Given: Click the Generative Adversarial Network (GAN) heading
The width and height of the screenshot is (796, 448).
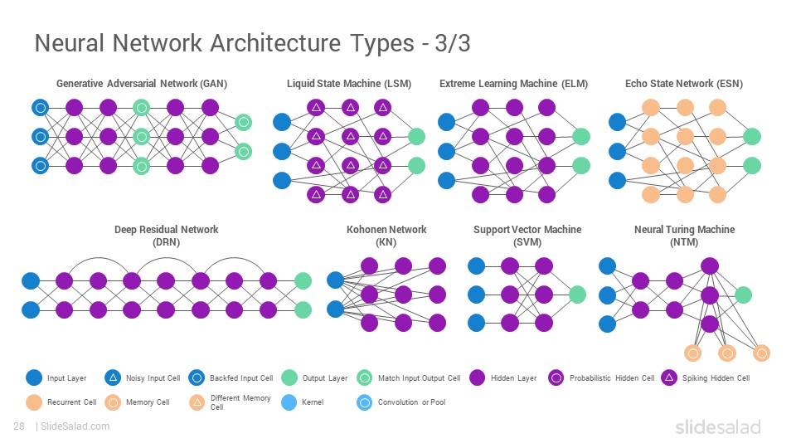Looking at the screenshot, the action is [x=142, y=84].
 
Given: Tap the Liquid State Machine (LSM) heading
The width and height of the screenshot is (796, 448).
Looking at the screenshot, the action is [x=349, y=84].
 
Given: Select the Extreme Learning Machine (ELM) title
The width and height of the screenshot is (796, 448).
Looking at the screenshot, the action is [x=514, y=84].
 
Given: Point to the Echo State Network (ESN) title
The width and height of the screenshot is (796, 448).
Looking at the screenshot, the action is [x=684, y=84].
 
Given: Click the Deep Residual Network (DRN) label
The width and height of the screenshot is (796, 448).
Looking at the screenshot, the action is [x=167, y=236].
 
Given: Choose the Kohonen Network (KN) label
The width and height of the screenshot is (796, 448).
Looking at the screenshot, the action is [x=386, y=236].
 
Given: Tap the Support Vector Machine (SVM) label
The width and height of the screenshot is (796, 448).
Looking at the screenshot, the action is [x=527, y=236].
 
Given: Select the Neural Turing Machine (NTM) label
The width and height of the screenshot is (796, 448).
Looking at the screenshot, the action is [x=684, y=236].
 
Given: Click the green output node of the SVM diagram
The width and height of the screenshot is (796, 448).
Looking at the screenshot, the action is [x=577, y=295].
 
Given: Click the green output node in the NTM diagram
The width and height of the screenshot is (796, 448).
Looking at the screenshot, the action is [x=743, y=295].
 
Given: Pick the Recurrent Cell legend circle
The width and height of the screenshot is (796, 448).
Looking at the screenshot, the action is [x=34, y=402].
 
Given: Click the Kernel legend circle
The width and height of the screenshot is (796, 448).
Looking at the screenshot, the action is [x=289, y=402].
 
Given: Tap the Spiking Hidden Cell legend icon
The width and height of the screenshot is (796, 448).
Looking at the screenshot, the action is [x=670, y=377].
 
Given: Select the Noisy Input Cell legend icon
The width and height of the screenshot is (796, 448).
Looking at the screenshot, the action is [x=113, y=377].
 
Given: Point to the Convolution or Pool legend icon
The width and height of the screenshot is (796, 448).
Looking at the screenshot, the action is [x=365, y=402].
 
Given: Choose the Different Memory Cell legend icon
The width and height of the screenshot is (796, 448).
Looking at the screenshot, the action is [x=197, y=402].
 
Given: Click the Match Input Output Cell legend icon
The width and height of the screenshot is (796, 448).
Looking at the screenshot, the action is [x=365, y=377].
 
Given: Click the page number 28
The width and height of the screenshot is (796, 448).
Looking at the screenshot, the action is [x=19, y=426].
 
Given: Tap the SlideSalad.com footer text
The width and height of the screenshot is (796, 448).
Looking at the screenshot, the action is [x=75, y=426].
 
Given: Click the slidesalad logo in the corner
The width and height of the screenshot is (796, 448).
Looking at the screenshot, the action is [x=718, y=427].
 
